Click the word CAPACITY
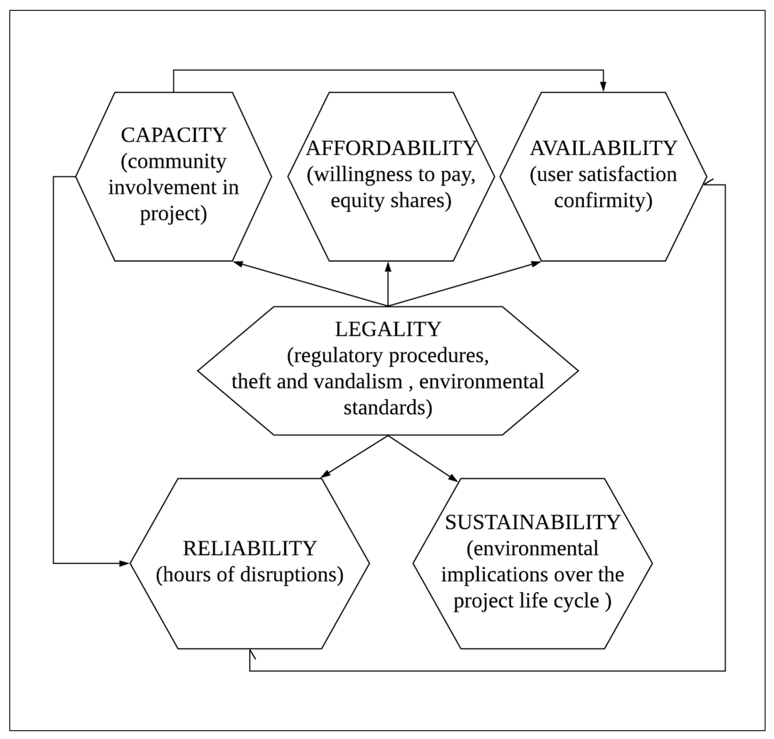(x=173, y=135)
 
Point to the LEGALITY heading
(x=388, y=329)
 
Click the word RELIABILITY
(x=250, y=548)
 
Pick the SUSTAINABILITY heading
(x=532, y=522)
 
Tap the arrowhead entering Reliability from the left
(x=124, y=563)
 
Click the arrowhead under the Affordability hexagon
(x=388, y=267)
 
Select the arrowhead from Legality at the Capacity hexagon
(x=238, y=263)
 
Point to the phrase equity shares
(x=391, y=200)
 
